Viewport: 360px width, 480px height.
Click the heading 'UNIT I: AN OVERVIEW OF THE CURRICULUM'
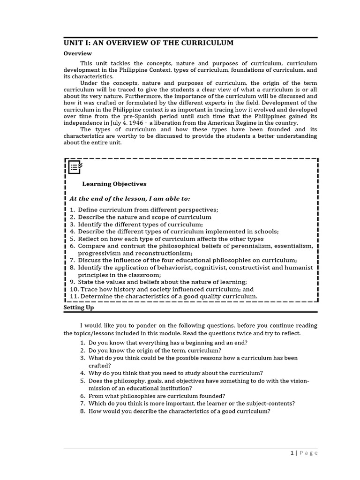click(x=148, y=43)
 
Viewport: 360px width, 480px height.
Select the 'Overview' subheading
click(x=77, y=53)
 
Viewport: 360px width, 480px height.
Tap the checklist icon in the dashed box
click(x=75, y=166)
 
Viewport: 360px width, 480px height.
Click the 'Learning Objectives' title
click(x=114, y=184)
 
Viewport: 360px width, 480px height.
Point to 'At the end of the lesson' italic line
click(x=130, y=199)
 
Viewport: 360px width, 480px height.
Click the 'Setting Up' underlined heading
click(x=78, y=307)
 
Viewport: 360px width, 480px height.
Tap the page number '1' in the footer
click(x=292, y=453)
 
